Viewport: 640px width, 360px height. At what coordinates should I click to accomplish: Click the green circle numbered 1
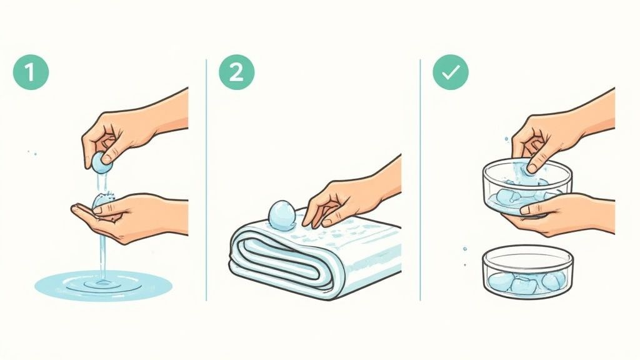pos(31,72)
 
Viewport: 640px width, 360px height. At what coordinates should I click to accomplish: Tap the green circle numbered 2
pos(236,72)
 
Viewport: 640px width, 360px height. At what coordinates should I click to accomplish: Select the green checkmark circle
pos(451,72)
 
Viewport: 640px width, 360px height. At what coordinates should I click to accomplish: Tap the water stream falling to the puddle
pos(102,250)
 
